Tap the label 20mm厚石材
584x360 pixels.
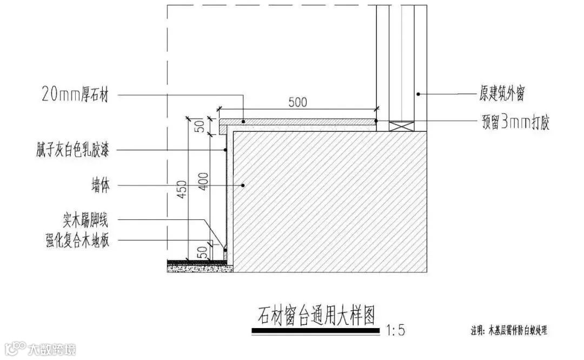pos(75,96)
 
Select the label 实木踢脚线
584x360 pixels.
pos(85,220)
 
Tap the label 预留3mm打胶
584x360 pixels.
pos(515,122)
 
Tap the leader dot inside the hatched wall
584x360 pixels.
pos(244,185)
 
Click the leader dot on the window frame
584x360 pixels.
pos(417,95)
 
